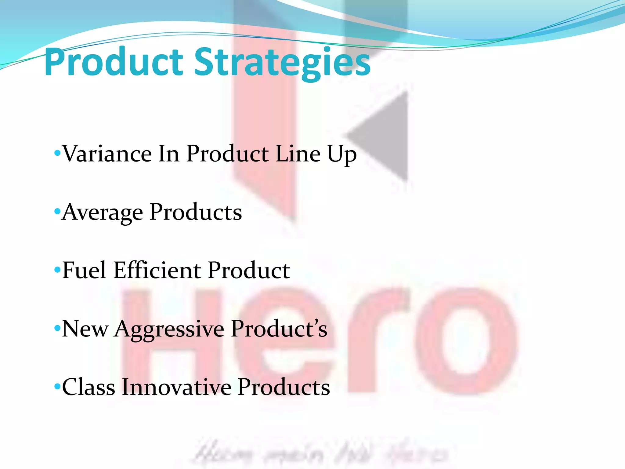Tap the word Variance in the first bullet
(107, 154)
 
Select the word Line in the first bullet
(298, 154)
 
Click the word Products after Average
(196, 212)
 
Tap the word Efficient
(157, 270)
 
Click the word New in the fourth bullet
(85, 329)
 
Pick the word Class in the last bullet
(89, 387)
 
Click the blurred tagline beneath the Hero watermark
(320, 454)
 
